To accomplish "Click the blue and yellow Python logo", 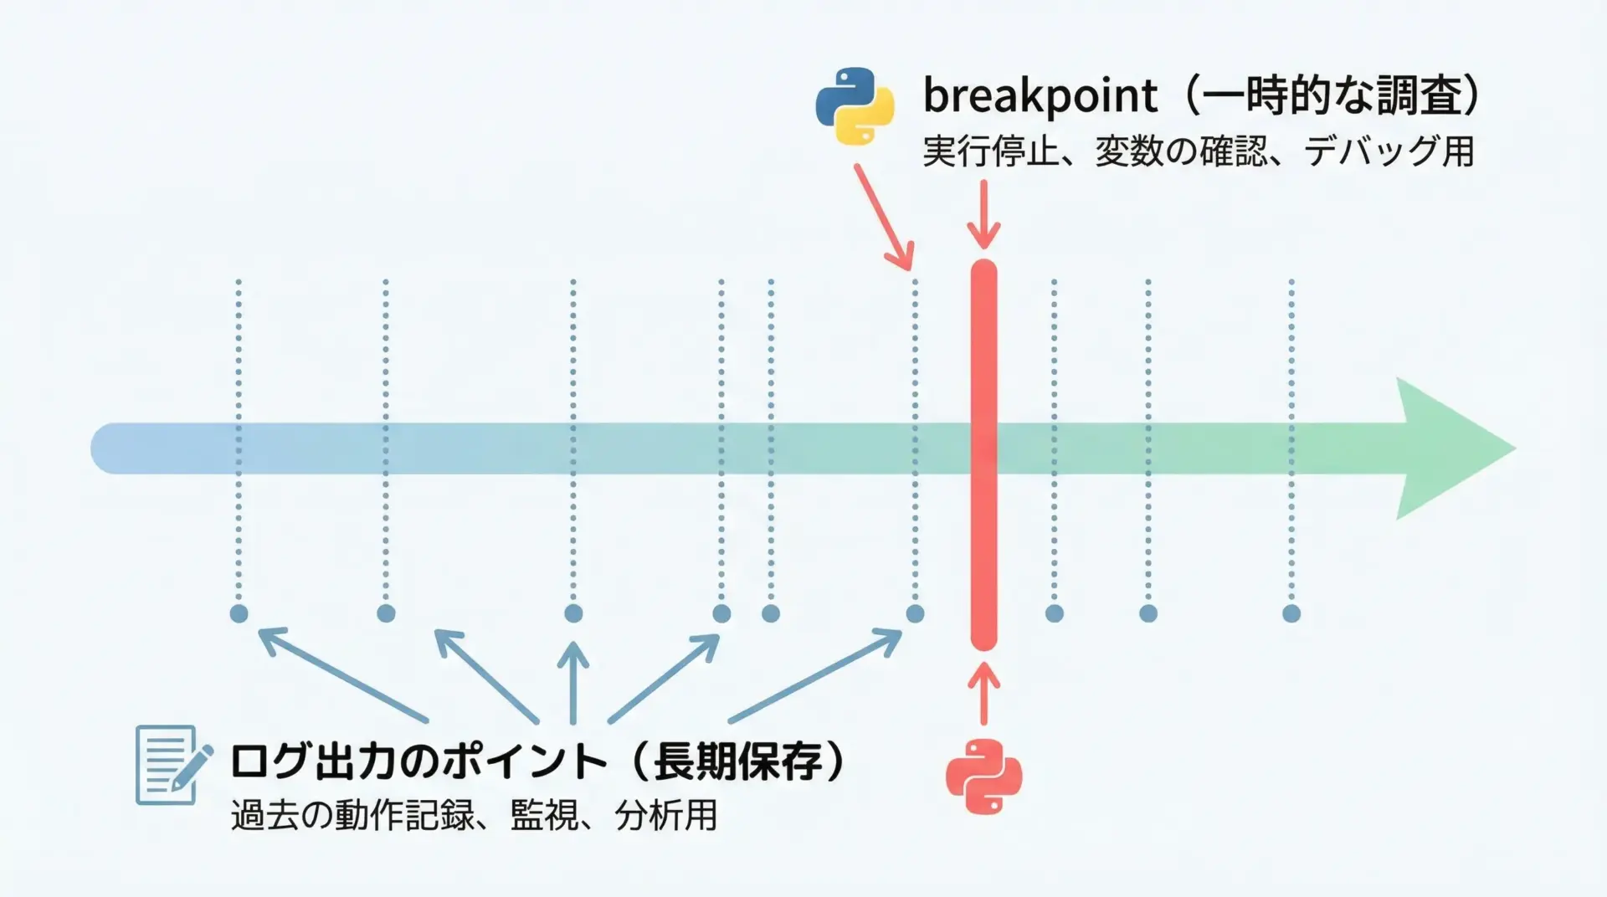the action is (855, 107).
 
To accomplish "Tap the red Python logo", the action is (984, 777).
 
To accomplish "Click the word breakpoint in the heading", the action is (1040, 95).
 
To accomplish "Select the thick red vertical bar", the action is (983, 454).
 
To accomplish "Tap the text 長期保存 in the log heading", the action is (738, 761).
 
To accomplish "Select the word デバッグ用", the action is (1389, 151).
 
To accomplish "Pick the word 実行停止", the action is (991, 151).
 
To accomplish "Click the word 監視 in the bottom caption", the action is (544, 815).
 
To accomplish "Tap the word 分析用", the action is (666, 815).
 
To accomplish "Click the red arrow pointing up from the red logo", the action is (984, 694).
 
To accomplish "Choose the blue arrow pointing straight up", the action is (573, 683).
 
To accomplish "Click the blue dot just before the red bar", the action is (915, 613).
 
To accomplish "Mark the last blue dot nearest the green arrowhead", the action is (1291, 613).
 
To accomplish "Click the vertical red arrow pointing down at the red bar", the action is (984, 215).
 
